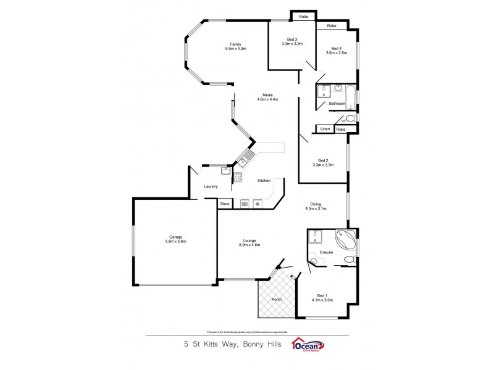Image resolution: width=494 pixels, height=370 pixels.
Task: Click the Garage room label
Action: tap(175, 237)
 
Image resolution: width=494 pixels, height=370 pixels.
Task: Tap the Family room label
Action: tap(235, 44)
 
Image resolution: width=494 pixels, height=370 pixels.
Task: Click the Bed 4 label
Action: tap(336, 49)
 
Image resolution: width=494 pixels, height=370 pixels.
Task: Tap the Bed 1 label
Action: tap(322, 295)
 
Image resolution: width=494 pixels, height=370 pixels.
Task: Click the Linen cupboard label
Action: tap(325, 129)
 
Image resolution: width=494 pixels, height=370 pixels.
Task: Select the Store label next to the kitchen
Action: tap(225, 203)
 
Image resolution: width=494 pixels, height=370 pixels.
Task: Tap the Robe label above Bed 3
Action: tap(303, 16)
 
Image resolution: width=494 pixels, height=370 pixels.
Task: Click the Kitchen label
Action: tap(264, 180)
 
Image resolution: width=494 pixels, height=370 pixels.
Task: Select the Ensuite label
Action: tap(327, 252)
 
